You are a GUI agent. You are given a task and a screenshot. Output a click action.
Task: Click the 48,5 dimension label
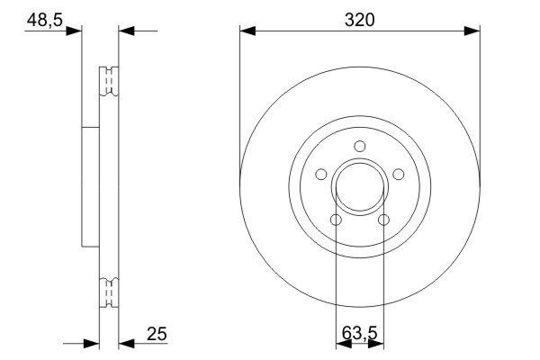coord(42,19)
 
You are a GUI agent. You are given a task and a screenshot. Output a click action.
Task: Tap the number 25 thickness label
coord(156,335)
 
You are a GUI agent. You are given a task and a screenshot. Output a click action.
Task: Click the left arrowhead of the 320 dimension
coord(248,31)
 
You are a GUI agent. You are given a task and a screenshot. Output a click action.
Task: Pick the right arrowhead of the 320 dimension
coord(471,31)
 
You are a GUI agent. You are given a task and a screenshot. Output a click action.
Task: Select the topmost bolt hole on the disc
coord(360,147)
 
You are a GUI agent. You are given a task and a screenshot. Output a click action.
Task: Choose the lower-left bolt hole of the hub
coord(336,220)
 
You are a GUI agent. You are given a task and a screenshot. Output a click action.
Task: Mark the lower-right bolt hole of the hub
coord(384,220)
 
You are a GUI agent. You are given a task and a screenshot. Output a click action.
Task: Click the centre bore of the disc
coord(360,188)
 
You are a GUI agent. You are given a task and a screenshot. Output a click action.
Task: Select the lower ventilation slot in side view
coord(109,292)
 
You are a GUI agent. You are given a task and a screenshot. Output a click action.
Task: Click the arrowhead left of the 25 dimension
coord(89,343)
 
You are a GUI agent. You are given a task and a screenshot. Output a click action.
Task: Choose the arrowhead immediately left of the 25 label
coord(127,343)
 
